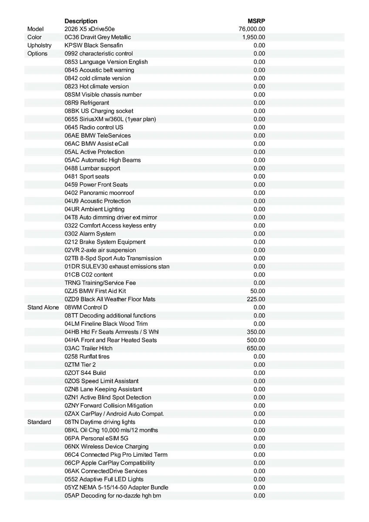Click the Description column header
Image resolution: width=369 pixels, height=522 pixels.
pyautogui.click(x=81, y=21)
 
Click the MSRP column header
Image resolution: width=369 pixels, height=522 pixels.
pyautogui.click(x=256, y=21)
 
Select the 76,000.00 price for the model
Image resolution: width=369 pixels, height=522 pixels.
pyautogui.click(x=252, y=29)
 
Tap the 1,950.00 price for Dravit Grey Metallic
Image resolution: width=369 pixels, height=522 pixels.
pyautogui.click(x=254, y=37)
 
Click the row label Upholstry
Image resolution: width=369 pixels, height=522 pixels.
pyautogui.click(x=39, y=45)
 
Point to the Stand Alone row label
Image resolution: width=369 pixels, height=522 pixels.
pyautogui.click(x=43, y=308)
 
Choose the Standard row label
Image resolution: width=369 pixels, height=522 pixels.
pyautogui.click(x=39, y=422)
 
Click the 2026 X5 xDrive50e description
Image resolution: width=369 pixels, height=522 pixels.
pyautogui.click(x=90, y=29)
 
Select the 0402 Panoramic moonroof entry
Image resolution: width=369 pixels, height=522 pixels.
pyautogui.click(x=99, y=193)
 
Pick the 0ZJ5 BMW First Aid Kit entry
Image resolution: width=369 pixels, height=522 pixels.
pyautogui.click(x=95, y=291)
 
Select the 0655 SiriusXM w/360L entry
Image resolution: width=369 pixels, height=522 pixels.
pyautogui.click(x=110, y=119)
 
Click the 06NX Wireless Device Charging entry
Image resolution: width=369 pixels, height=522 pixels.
pyautogui.click(x=107, y=447)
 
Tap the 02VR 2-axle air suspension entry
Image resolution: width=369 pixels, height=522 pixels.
pyautogui.click(x=100, y=250)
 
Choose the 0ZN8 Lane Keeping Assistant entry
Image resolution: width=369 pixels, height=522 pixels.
pyautogui.click(x=103, y=389)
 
